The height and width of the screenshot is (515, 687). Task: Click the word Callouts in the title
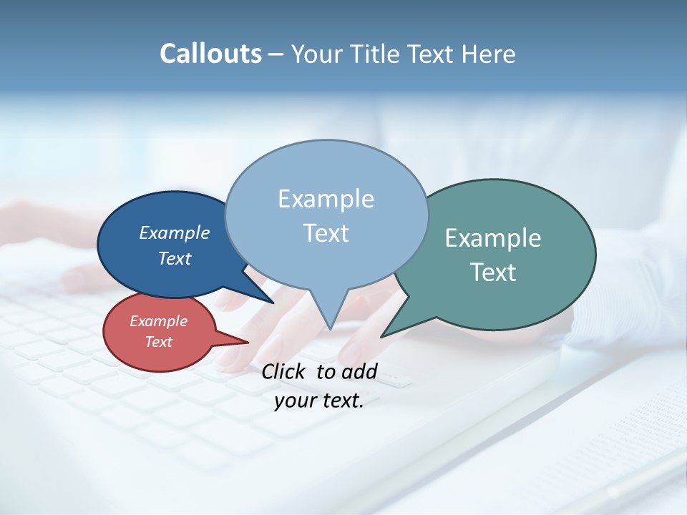[x=210, y=54]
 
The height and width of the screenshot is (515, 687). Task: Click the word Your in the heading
[x=318, y=54]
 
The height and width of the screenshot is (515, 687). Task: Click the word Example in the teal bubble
[x=493, y=238]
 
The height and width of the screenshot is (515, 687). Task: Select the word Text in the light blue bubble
[x=326, y=233]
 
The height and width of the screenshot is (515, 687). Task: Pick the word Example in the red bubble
[x=159, y=321]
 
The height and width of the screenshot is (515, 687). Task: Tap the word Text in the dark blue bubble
[x=175, y=258]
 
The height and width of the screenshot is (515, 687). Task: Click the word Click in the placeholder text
[x=285, y=371]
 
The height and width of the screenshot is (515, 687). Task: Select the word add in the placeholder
[x=359, y=371]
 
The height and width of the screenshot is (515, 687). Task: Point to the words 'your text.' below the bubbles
[x=319, y=401]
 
